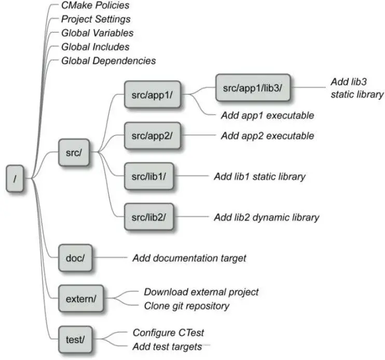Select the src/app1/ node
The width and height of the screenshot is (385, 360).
[148, 94]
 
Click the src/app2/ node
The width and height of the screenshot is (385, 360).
[148, 136]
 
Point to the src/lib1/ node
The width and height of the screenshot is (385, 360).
[148, 176]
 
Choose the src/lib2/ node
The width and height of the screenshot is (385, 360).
[148, 217]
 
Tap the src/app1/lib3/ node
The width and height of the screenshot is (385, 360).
[252, 88]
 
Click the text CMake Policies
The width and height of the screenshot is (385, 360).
[95, 6]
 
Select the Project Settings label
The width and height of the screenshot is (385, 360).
[95, 20]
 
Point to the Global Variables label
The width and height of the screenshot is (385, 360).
[97, 33]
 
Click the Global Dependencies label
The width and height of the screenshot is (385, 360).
[108, 61]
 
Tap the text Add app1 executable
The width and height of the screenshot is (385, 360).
[267, 115]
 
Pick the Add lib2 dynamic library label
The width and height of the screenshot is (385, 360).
[266, 217]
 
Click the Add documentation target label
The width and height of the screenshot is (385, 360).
[189, 257]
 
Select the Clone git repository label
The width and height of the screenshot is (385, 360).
[186, 306]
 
